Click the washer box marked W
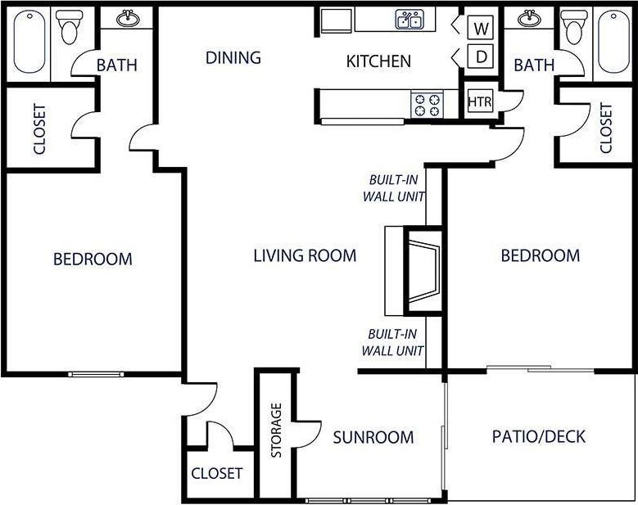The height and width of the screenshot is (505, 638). [x=482, y=29]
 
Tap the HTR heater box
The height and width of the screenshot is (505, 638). [x=479, y=101]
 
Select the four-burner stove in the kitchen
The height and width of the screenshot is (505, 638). [x=427, y=104]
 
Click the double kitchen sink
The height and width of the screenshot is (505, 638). [x=409, y=20]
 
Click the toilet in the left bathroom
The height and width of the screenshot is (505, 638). [x=70, y=29]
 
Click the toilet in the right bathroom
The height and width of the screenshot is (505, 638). [x=572, y=29]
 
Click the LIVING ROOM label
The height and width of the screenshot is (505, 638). [x=305, y=255]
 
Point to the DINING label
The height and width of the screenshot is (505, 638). [x=233, y=57]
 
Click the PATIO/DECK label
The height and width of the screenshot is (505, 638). [x=539, y=436]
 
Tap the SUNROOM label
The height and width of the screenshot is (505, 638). [x=373, y=437]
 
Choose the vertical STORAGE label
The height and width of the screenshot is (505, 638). [x=276, y=431]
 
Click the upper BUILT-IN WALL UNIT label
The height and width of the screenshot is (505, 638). [x=393, y=188]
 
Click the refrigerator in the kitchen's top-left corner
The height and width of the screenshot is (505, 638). [x=335, y=20]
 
